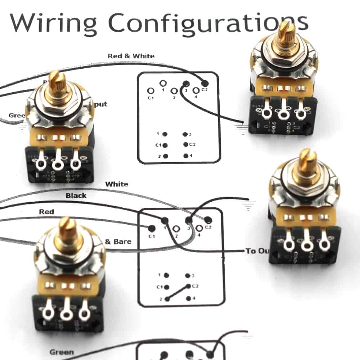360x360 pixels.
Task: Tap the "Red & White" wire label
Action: [x=131, y=56]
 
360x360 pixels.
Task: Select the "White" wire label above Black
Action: [x=116, y=184]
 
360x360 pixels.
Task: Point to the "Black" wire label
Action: [x=76, y=195]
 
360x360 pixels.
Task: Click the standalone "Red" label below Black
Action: [x=46, y=212]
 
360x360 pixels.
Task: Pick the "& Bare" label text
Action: [x=118, y=241]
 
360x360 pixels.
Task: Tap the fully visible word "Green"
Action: [x=62, y=352]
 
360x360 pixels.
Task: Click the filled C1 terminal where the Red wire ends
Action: [x=152, y=228]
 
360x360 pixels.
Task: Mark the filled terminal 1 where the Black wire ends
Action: [x=165, y=220]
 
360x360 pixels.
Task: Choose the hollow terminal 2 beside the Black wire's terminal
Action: [x=176, y=228]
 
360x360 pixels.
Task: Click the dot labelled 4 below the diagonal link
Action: [x=187, y=298]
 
